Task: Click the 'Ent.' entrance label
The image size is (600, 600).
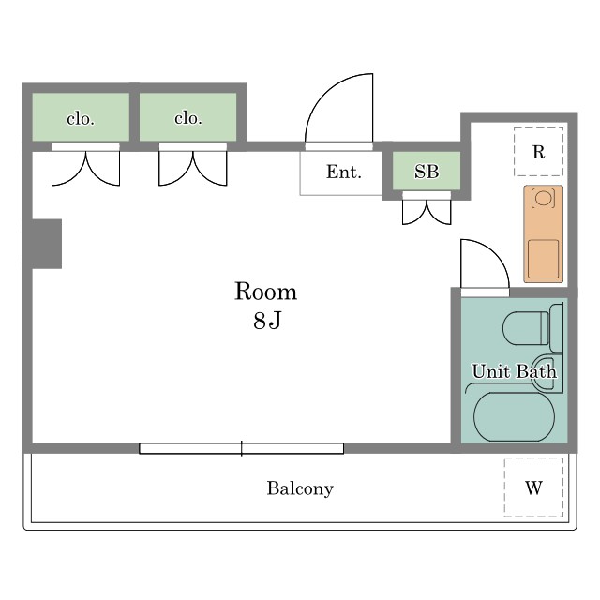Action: (x=344, y=172)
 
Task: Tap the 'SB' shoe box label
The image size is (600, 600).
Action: (x=427, y=172)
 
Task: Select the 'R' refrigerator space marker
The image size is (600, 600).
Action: (x=538, y=152)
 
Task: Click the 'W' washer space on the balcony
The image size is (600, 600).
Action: (x=533, y=487)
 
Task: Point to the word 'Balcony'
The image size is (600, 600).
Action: (x=300, y=488)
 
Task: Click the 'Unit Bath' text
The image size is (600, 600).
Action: (x=514, y=371)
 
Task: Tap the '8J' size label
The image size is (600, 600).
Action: (x=267, y=320)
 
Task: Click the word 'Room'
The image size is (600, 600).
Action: (x=265, y=292)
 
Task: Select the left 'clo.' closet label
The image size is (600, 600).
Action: (x=81, y=119)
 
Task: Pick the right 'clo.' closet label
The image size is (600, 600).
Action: (x=187, y=118)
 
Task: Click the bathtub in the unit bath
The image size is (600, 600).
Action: (x=514, y=416)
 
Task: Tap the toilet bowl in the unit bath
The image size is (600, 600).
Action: (x=526, y=328)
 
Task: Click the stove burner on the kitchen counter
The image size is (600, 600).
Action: (x=543, y=198)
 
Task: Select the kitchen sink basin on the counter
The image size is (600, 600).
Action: (x=543, y=259)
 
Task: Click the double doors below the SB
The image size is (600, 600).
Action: (x=427, y=212)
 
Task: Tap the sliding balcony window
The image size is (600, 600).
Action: (x=242, y=448)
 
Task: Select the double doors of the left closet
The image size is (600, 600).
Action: (x=85, y=169)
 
